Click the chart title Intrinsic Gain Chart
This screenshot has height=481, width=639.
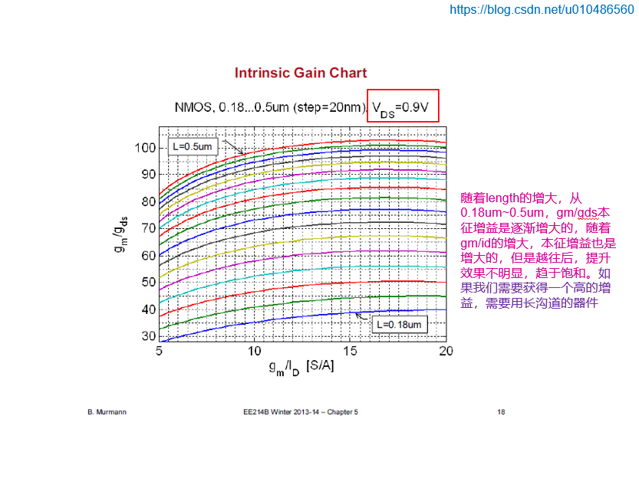coord(300,74)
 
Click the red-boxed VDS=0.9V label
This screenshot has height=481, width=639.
coord(403,107)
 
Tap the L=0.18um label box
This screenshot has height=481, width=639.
coord(398,325)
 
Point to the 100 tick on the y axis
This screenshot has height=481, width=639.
coord(145,147)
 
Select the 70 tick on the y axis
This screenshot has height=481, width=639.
coord(147,228)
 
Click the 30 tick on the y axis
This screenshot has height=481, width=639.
coord(147,336)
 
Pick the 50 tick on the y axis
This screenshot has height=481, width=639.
coord(147,282)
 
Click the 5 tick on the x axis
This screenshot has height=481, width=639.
coord(159,350)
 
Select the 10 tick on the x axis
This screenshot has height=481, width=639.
coord(254,350)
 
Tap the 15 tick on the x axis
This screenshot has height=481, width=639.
coord(350,350)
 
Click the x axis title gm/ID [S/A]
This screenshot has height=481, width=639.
coord(301,367)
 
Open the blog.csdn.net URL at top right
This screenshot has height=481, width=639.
coord(541,10)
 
